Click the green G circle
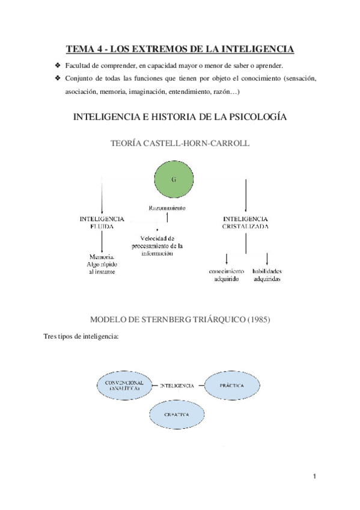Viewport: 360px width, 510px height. (174, 180)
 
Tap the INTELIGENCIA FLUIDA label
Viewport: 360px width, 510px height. (102, 222)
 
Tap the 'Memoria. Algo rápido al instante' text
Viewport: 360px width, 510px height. (101, 264)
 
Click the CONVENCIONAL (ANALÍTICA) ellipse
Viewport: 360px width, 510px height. (123, 386)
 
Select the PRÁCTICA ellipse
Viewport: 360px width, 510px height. (230, 385)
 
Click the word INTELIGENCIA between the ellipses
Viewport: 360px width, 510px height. (177, 385)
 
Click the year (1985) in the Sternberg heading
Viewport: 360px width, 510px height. (258, 319)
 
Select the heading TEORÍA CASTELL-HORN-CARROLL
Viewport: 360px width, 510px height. (180, 144)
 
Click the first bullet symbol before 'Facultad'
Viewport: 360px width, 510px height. (57, 65)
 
